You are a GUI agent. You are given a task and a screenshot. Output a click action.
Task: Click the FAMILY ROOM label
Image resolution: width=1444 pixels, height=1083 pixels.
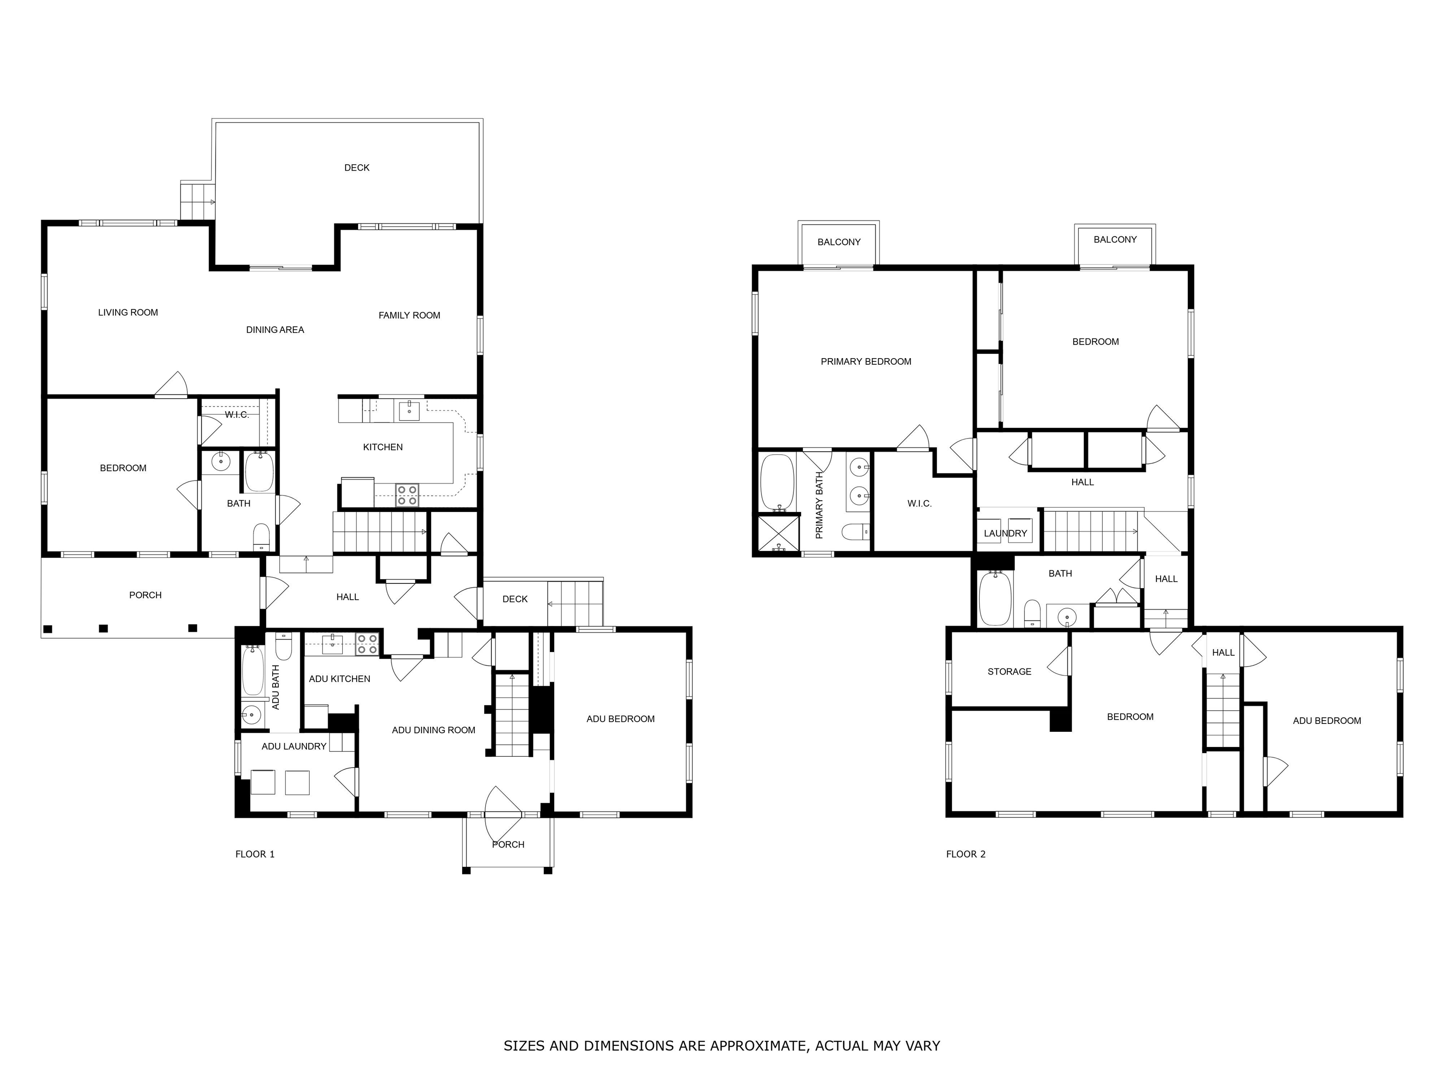pos(409,315)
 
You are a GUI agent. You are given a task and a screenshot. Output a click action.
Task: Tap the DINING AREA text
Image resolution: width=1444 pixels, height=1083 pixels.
pos(275,330)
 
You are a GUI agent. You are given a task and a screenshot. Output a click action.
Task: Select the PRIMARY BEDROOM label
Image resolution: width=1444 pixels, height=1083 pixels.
pos(866,361)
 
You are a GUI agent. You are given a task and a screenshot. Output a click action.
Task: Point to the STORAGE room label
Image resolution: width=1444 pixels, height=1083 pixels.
pos(1009,672)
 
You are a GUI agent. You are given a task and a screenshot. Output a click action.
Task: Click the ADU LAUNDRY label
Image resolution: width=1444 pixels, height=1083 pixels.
pos(294,746)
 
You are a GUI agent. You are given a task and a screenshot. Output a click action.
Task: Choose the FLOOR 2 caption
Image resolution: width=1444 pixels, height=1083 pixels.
pos(965,854)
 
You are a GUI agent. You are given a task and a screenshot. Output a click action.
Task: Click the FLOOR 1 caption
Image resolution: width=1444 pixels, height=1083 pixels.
pos(255,854)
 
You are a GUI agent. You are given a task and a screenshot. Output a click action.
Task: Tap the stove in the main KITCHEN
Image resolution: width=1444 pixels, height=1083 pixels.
pos(408,495)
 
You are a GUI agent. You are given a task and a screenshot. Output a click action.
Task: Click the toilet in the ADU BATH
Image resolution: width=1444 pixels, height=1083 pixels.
pos(283,646)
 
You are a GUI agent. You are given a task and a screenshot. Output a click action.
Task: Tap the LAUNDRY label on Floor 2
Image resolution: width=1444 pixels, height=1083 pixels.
pos(1005,534)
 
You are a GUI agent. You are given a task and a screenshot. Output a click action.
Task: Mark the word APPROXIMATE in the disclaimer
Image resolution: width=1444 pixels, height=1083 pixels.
pos(758,1046)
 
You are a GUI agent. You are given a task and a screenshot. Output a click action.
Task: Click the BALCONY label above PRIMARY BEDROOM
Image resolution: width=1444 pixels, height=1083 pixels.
pos(839,242)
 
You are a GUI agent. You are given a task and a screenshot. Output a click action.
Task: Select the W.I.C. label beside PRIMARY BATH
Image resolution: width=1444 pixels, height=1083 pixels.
pos(919,503)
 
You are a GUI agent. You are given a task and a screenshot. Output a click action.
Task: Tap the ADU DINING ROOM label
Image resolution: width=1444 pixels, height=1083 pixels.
pos(433,730)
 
